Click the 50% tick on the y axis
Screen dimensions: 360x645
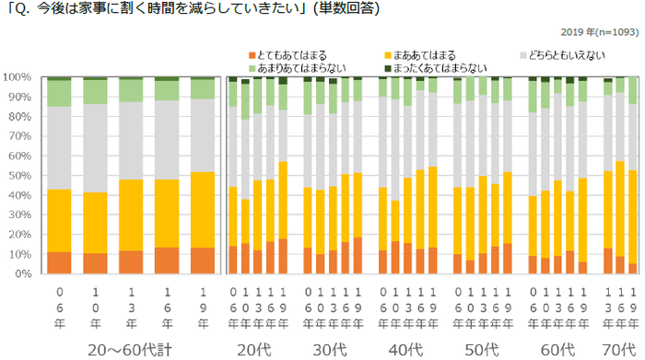pos(21,176)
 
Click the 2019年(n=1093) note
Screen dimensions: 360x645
pos(594,29)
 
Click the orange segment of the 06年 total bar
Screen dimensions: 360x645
pos(59,262)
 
